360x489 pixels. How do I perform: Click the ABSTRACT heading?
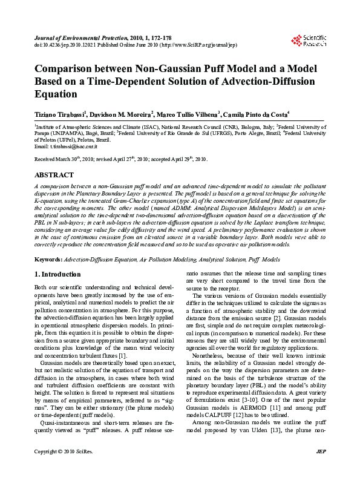pos(53,174)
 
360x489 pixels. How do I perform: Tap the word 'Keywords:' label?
pos(48,259)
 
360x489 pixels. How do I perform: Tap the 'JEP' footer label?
pos(321,469)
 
